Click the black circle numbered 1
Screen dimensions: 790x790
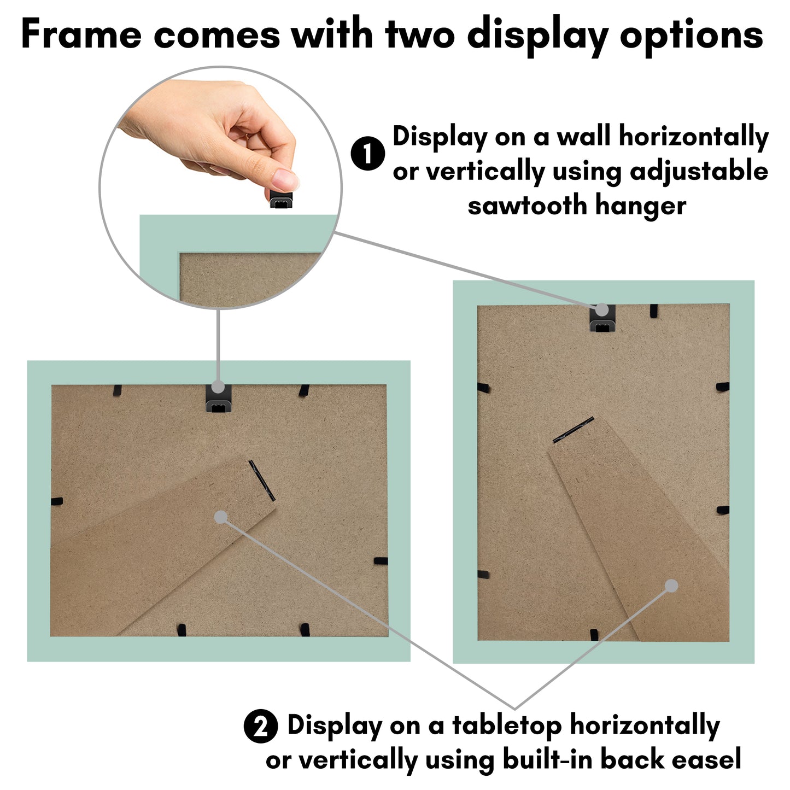[368, 154]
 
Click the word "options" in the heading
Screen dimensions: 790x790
[691, 37]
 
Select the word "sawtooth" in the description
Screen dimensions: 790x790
[528, 206]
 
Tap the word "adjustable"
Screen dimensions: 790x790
[699, 172]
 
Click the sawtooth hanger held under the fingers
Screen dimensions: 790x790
[281, 199]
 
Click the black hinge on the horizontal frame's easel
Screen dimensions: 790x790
[262, 481]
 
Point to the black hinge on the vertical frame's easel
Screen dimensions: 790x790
[574, 430]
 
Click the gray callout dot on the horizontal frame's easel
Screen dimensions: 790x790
[221, 517]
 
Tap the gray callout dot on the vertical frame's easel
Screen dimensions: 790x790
[671, 586]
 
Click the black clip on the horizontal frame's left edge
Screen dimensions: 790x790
[56, 501]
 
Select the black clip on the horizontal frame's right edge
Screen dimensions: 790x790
[381, 561]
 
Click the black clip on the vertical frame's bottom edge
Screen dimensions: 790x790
[594, 634]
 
